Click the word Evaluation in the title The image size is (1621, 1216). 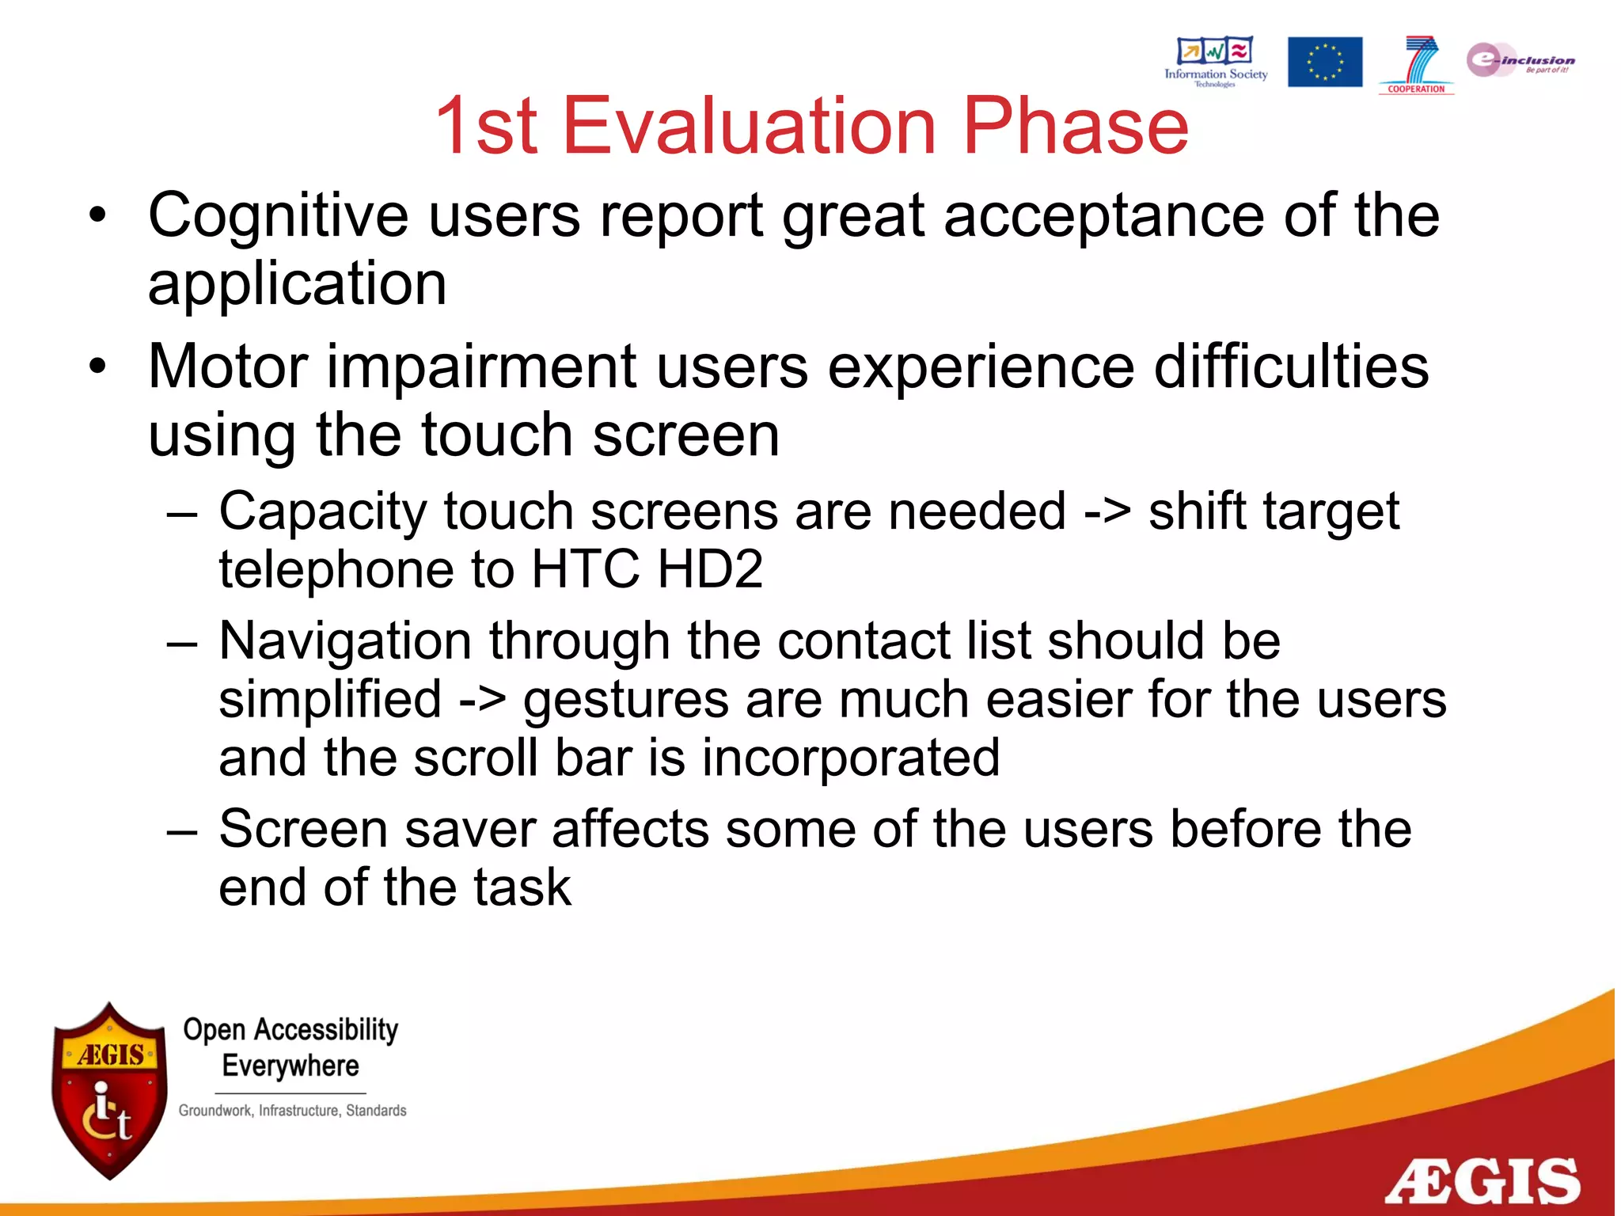749,126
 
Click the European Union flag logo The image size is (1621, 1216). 1324,62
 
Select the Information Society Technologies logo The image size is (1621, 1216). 1216,61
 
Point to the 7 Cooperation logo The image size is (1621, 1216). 1416,64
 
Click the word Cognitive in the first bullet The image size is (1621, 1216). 278,215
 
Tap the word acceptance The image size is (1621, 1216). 1103,215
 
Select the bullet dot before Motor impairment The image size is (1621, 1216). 97,367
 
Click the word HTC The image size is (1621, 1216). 585,569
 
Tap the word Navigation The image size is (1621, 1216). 344,640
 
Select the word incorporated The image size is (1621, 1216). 850,758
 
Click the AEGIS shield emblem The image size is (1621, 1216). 109,1090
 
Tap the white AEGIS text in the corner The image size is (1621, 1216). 1482,1182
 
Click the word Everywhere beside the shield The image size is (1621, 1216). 290,1066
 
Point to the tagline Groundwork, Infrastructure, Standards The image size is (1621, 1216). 292,1111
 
